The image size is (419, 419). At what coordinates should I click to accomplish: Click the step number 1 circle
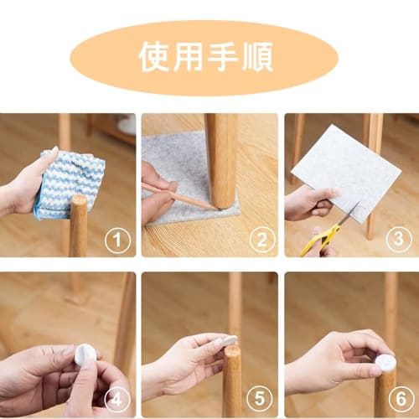(x=118, y=241)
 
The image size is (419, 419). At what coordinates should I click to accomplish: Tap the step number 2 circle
(x=261, y=241)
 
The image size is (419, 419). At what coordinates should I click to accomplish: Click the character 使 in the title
(x=157, y=56)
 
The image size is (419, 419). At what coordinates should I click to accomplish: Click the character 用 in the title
(x=190, y=56)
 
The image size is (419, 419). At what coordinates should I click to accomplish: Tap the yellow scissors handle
(x=312, y=241)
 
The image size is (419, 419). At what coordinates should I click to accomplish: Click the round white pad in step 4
(x=85, y=355)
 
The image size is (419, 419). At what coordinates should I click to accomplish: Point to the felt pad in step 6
(x=385, y=362)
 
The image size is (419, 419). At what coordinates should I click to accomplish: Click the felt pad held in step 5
(x=229, y=341)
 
